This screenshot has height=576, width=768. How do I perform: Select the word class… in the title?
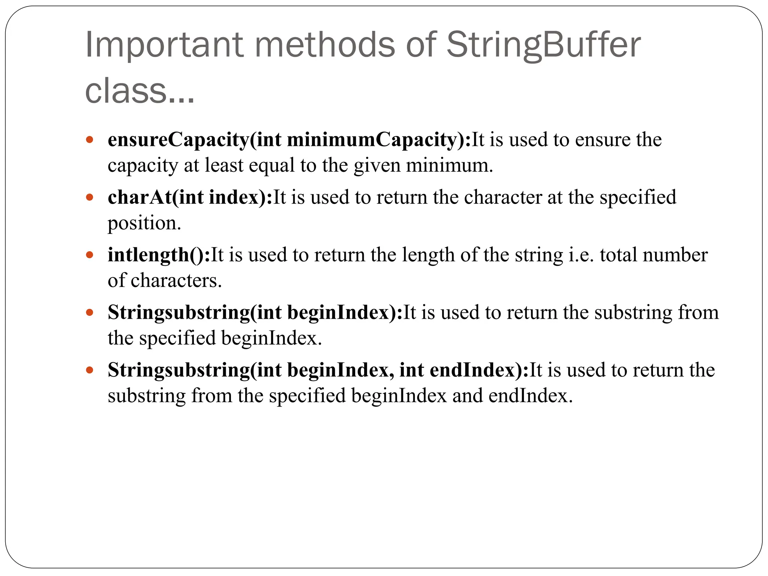point(139,91)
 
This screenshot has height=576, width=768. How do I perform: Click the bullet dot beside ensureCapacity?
point(89,140)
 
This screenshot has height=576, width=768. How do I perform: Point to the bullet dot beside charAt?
point(89,197)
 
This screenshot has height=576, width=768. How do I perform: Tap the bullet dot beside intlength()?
point(89,255)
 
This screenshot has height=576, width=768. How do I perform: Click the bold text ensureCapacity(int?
point(194,140)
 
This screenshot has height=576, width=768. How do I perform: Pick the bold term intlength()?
point(159,255)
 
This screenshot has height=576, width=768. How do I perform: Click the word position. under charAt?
point(144,223)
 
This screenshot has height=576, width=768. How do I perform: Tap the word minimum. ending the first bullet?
point(449,165)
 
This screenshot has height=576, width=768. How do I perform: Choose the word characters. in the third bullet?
point(176,280)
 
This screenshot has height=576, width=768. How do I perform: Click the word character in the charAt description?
point(502,197)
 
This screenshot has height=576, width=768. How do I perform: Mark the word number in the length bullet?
point(675,255)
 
